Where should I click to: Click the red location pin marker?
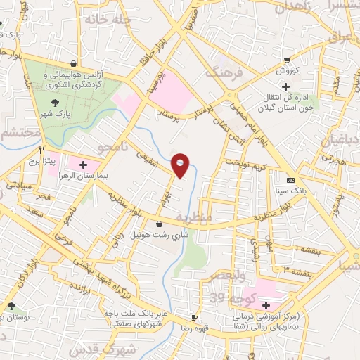(181, 165)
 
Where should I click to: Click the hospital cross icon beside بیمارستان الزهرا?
(84, 165)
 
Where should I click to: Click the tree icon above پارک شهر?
(54, 101)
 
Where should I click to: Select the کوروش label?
(287, 71)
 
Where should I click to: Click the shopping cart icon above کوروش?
(287, 60)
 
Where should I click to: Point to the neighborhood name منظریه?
(193, 218)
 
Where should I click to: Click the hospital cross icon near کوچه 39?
(265, 305)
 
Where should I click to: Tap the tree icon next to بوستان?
(12, 306)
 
